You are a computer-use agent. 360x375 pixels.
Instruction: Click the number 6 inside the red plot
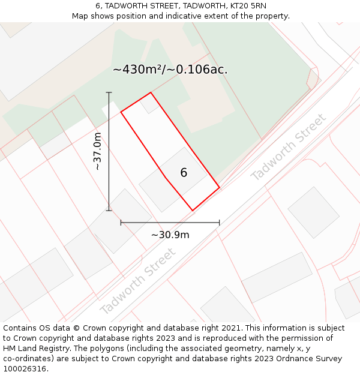point(184,173)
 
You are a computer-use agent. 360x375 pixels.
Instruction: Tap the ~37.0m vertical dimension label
point(98,151)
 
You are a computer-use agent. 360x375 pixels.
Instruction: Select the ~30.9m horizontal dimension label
point(170,235)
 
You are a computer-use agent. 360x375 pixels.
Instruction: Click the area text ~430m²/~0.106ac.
point(170,70)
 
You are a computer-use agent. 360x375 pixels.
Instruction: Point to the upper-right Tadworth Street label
point(289,147)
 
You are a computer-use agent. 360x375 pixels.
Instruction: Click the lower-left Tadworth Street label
point(139,281)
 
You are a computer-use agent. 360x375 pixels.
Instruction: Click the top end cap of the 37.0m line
point(109,92)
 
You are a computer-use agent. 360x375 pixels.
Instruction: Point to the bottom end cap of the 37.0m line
point(109,211)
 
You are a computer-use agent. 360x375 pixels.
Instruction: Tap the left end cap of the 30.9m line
point(121,223)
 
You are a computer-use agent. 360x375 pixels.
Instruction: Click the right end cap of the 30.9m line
point(219,223)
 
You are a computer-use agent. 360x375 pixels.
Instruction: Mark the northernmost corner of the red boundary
point(151,92)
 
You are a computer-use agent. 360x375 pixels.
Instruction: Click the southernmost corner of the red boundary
point(193,211)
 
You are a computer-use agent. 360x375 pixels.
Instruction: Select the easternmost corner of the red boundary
point(219,188)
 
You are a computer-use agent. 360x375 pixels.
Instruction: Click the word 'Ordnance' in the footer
point(290,358)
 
